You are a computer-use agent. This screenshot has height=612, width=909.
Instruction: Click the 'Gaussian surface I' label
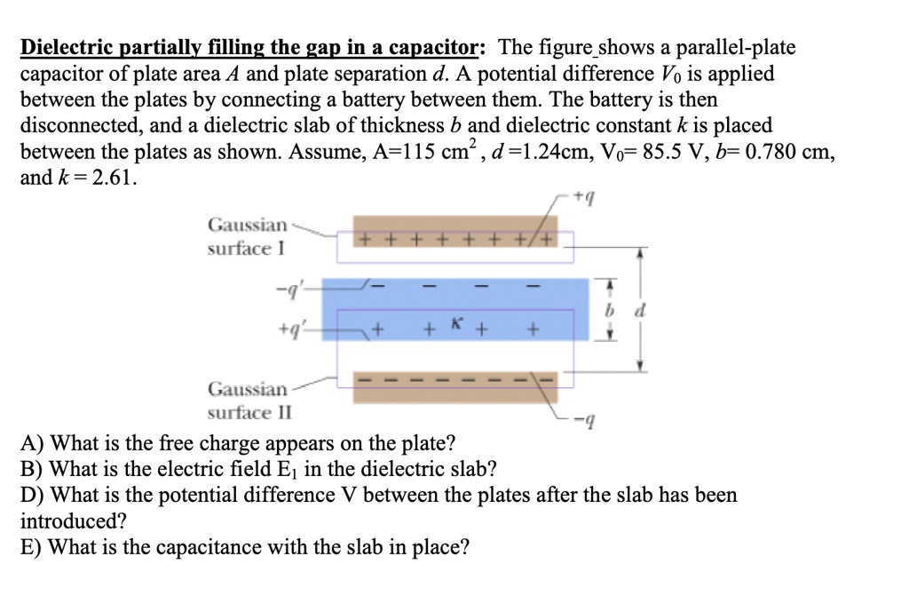pyautogui.click(x=248, y=236)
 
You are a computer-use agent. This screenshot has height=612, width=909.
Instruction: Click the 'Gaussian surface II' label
pyautogui.click(x=248, y=401)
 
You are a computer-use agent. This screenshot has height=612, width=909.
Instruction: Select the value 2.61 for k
pyautogui.click(x=112, y=177)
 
